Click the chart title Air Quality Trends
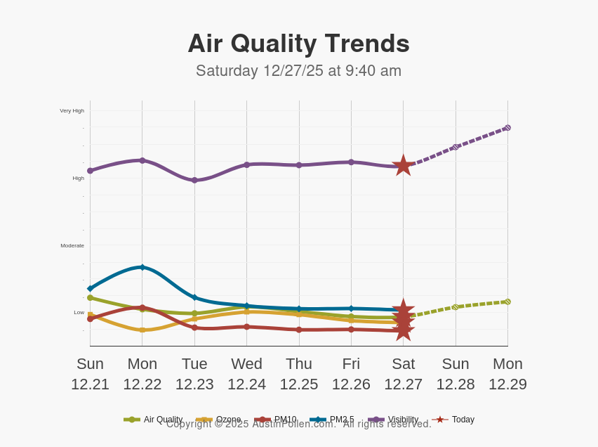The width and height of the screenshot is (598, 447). (x=298, y=44)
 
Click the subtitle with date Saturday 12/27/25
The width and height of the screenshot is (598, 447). (x=298, y=71)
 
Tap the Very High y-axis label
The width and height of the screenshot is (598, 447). (x=72, y=110)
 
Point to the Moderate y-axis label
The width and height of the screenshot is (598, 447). (x=72, y=245)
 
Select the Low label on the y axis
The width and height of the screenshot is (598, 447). (x=79, y=312)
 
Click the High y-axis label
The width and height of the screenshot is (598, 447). (x=79, y=178)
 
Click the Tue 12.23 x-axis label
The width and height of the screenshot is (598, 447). (x=194, y=374)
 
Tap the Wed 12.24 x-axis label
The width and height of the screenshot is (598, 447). (x=246, y=374)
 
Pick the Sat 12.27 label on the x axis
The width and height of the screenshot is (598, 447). (x=403, y=374)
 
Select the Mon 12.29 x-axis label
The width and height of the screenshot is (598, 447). (x=507, y=374)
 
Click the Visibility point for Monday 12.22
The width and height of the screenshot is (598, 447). (x=142, y=160)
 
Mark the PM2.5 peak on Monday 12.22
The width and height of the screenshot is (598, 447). (x=142, y=267)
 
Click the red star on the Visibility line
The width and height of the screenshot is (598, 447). (x=403, y=165)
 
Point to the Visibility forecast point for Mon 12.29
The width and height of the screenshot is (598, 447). (x=507, y=128)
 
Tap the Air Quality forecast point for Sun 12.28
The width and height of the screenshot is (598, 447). (x=456, y=307)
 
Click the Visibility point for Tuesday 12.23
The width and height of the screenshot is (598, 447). (x=194, y=180)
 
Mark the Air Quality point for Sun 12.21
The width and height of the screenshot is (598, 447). (x=90, y=297)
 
